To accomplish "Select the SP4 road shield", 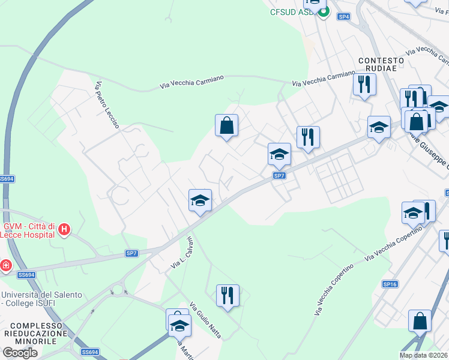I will (343, 17).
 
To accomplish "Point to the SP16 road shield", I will (390, 284).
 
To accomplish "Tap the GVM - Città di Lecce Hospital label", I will (29, 230).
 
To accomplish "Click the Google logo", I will (20, 353).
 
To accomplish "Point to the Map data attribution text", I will (424, 355).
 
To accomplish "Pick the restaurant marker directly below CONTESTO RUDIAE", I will (364, 85).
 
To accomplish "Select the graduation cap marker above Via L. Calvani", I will (200, 200).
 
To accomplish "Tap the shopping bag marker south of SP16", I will (420, 321).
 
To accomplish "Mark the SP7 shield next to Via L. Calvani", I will (132, 254).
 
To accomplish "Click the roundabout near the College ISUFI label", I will (118, 291).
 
